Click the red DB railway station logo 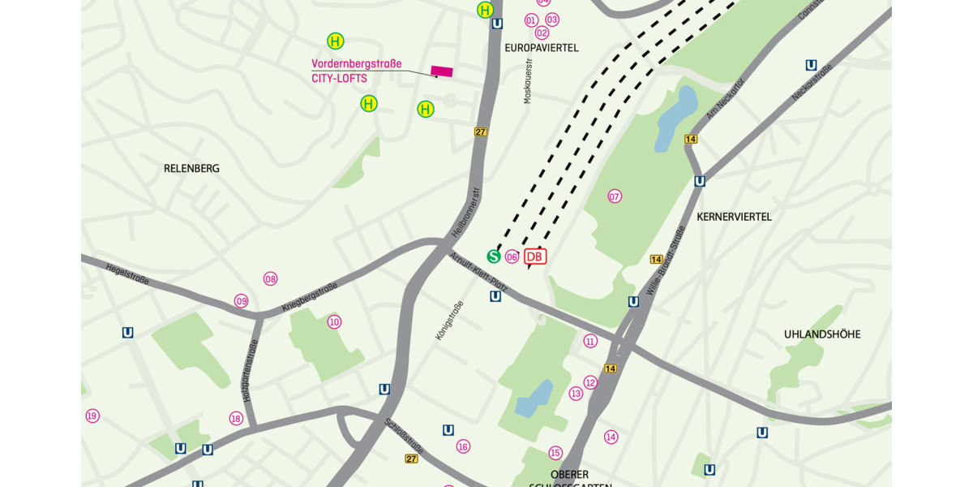pos(535,256)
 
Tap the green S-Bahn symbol pos(494,256)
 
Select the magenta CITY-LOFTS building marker pos(442,71)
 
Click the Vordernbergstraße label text pos(356,64)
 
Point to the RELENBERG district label pos(191,169)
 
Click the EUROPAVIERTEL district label pos(542,48)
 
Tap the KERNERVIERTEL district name pos(734,217)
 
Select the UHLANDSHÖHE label pos(822,334)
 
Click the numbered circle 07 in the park pos(615,196)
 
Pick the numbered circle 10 pos(334,322)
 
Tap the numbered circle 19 pos(92,416)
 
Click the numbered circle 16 pos(463,446)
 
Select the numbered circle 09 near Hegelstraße pos(242,301)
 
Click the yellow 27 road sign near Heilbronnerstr pos(481,131)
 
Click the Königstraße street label pos(450,320)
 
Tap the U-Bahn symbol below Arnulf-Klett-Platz pos(495,296)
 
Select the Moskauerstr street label pos(528,80)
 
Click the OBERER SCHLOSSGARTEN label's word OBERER pos(569,474)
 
